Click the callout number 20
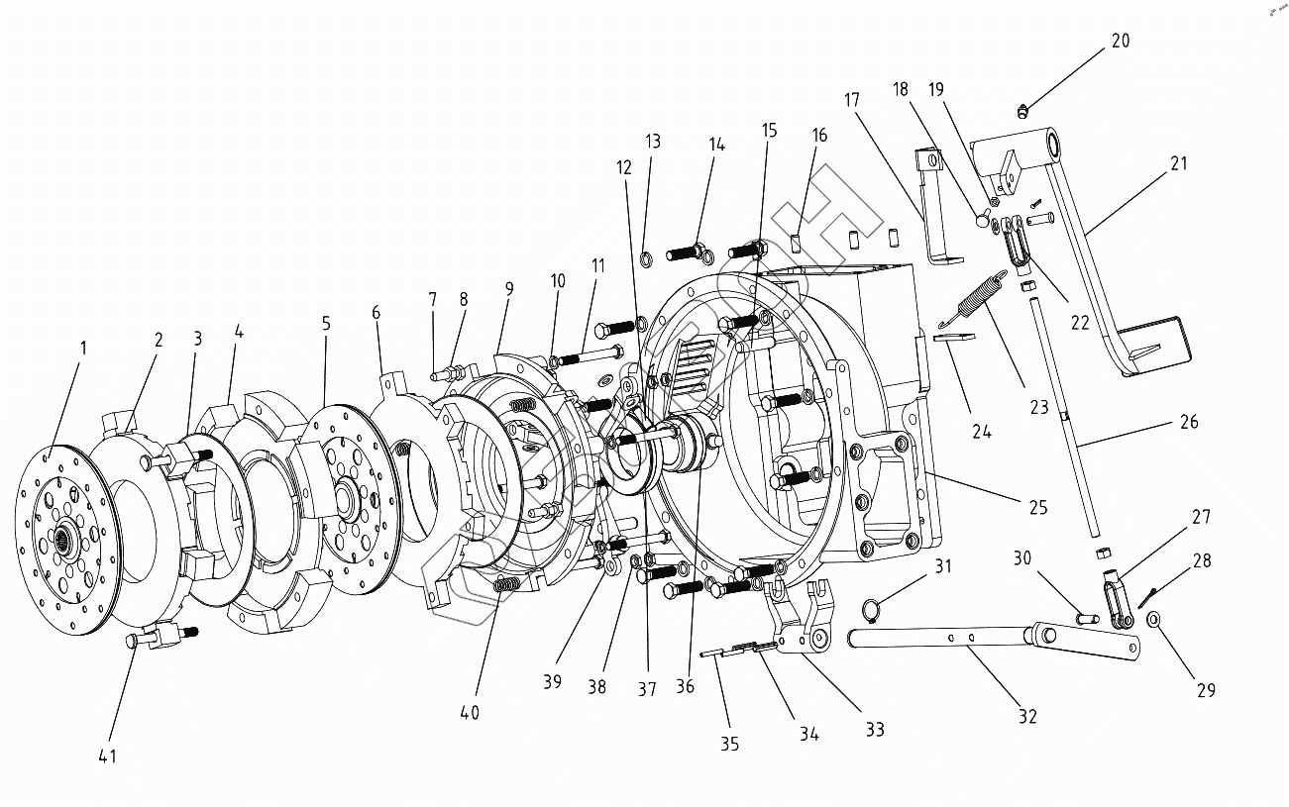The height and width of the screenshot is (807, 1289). click(x=1120, y=42)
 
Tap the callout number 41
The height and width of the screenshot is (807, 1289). click(x=107, y=757)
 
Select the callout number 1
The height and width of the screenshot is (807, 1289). click(x=83, y=349)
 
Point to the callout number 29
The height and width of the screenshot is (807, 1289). click(x=1205, y=690)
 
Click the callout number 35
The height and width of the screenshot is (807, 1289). click(x=729, y=745)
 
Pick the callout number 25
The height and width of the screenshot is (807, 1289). click(x=1037, y=508)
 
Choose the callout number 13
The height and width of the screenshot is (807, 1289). click(x=653, y=142)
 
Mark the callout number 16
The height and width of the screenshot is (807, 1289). click(x=819, y=136)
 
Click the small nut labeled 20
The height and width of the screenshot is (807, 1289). click(x=1024, y=108)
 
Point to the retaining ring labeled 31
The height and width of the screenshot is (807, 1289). click(x=870, y=609)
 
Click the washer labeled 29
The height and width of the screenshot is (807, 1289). click(x=1155, y=620)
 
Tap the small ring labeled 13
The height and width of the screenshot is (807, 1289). click(x=645, y=260)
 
